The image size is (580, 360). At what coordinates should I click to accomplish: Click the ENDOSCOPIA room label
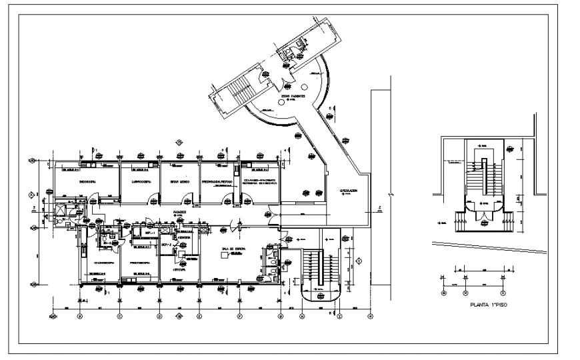[x=89, y=181]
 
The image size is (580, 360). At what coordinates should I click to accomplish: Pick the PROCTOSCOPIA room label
[x=141, y=262]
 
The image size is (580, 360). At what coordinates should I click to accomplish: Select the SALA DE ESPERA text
[x=233, y=249]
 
